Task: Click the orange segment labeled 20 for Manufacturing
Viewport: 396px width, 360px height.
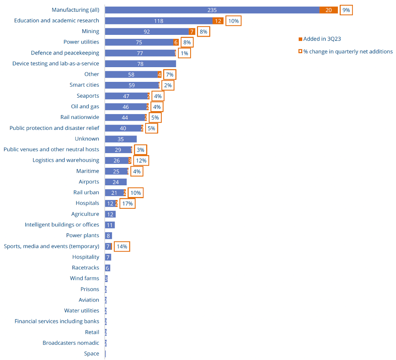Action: click(x=328, y=10)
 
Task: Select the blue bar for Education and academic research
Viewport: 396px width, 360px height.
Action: click(x=159, y=21)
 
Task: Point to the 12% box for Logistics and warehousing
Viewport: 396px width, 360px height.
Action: click(x=141, y=160)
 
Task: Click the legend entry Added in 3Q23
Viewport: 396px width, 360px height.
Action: click(x=322, y=39)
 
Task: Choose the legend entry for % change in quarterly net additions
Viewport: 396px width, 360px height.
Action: click(x=348, y=51)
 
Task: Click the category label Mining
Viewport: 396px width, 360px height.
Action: click(x=90, y=31)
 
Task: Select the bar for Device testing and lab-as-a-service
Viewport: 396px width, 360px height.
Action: click(x=140, y=64)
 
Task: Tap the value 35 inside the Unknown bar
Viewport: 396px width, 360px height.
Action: click(x=120, y=139)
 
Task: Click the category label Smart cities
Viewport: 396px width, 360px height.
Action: click(x=84, y=85)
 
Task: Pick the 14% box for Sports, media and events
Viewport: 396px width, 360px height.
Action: click(x=122, y=247)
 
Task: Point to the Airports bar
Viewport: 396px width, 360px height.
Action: click(x=116, y=182)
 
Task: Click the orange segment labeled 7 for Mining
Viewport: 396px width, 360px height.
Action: click(x=192, y=31)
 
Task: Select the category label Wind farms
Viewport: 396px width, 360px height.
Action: click(x=84, y=278)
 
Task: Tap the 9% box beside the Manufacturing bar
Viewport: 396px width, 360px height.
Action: click(x=346, y=10)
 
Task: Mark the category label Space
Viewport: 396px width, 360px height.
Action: click(x=92, y=353)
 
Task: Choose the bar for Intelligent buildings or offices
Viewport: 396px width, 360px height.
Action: click(x=109, y=225)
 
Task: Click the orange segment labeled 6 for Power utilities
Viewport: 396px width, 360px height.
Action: click(x=176, y=42)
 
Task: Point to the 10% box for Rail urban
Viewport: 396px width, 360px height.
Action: click(x=136, y=193)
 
